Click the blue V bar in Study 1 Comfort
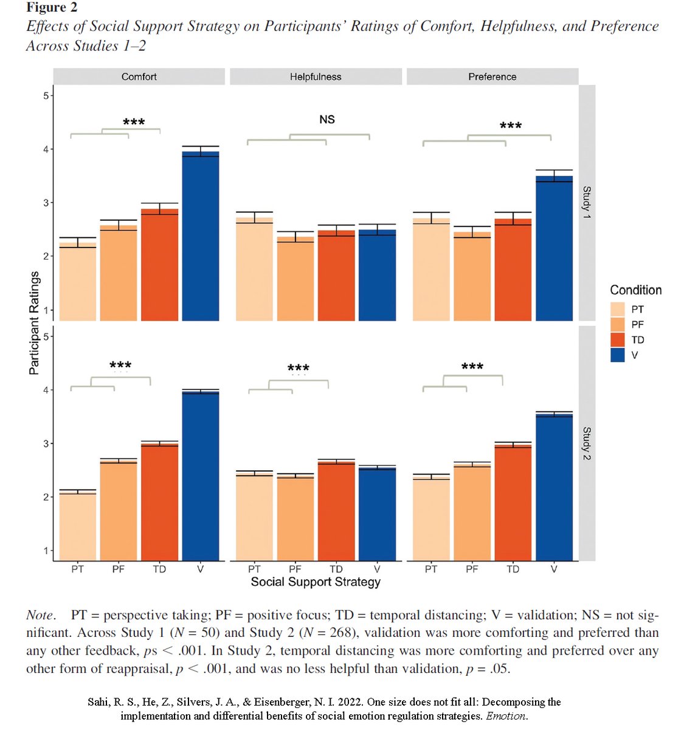coord(201,237)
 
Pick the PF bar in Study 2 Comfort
coord(119,511)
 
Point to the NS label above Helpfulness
coord(327,120)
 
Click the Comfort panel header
coord(139,77)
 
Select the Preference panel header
coord(492,77)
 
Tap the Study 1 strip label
coord(587,202)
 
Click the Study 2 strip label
coord(587,443)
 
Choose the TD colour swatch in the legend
coord(618,339)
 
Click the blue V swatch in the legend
coord(618,355)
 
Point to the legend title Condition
coord(635,290)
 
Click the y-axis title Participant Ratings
coord(34,322)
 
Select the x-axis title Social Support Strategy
coord(316,582)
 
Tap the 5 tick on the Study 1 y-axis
coord(46,96)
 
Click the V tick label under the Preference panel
coord(554,569)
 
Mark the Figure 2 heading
coord(52,8)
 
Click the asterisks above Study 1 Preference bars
coord(511,126)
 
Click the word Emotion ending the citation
coord(506,716)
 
